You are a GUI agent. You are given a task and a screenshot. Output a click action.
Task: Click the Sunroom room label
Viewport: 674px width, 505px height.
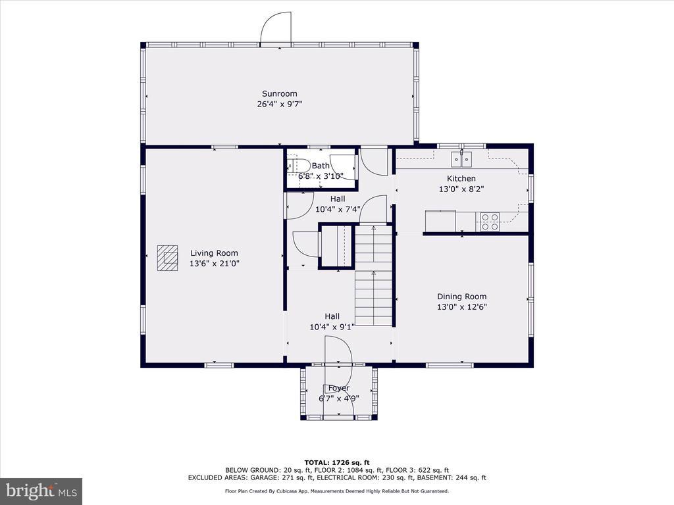(x=279, y=93)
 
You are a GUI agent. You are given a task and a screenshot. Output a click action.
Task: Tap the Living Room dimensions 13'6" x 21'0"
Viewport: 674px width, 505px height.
(x=214, y=263)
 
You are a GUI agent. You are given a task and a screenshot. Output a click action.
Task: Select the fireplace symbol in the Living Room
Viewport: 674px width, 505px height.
(x=167, y=258)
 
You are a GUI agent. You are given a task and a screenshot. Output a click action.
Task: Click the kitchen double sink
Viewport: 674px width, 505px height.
(x=461, y=159)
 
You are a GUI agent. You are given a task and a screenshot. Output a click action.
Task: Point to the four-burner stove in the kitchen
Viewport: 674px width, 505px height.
(x=490, y=222)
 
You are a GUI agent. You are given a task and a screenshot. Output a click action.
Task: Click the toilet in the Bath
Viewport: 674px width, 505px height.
(x=299, y=166)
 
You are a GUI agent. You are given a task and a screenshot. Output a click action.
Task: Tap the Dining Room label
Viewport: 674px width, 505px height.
(x=461, y=297)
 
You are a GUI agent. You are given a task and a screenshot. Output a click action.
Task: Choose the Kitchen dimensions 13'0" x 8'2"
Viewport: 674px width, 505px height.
(x=461, y=189)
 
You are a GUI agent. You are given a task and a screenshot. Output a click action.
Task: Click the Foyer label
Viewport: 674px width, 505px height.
(x=339, y=388)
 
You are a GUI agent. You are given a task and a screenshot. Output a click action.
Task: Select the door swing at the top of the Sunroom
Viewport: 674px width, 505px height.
(x=276, y=28)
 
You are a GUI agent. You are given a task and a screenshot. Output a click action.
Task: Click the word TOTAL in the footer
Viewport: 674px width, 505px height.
(x=317, y=462)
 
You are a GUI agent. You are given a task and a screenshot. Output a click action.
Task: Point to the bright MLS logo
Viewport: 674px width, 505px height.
(x=41, y=491)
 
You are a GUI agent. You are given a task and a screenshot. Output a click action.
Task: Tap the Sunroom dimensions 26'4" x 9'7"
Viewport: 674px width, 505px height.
(x=279, y=104)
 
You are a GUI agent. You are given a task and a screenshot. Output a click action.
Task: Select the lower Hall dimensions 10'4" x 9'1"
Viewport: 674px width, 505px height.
(x=332, y=327)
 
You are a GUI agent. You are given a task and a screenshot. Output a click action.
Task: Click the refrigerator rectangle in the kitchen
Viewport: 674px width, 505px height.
(x=440, y=221)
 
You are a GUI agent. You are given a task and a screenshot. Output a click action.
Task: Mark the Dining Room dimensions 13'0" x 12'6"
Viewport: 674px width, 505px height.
(x=461, y=307)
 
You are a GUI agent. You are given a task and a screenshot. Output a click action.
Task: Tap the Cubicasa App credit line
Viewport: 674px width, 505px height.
(x=337, y=491)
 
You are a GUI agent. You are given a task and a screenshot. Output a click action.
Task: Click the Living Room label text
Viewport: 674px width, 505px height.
(x=214, y=253)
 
